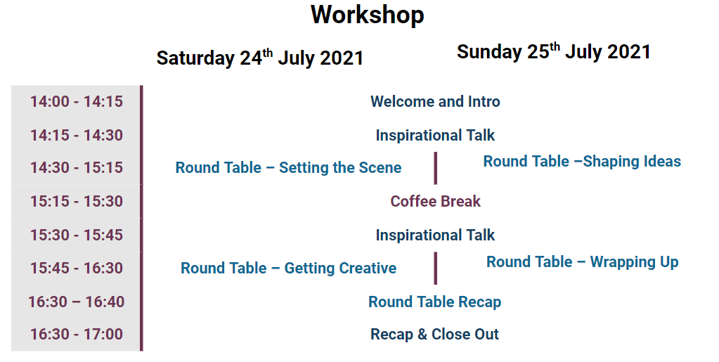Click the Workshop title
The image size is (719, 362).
(x=368, y=15)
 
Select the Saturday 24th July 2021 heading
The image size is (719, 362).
(x=259, y=58)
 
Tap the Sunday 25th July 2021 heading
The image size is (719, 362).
(x=553, y=51)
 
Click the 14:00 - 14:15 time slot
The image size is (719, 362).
(x=77, y=101)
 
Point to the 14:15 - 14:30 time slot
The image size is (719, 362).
(x=77, y=136)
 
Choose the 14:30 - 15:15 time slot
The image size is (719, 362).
(x=77, y=167)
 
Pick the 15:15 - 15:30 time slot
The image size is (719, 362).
(x=77, y=202)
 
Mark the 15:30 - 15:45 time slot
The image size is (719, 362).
(x=77, y=235)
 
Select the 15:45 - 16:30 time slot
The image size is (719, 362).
(x=77, y=268)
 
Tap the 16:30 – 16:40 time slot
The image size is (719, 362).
(x=77, y=302)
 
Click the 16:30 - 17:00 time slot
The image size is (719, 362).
(x=77, y=334)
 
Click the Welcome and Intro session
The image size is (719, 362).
(x=435, y=101)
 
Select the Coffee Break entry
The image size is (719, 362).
(x=435, y=202)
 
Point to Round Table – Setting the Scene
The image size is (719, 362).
(x=288, y=167)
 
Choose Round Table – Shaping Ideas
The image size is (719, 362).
(x=582, y=162)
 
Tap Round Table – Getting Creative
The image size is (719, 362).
(x=288, y=268)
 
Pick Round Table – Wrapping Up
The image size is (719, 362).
(x=583, y=262)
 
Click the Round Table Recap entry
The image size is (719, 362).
(x=434, y=302)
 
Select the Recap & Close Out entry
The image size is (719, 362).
(x=434, y=334)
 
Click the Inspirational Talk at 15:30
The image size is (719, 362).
(x=435, y=235)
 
